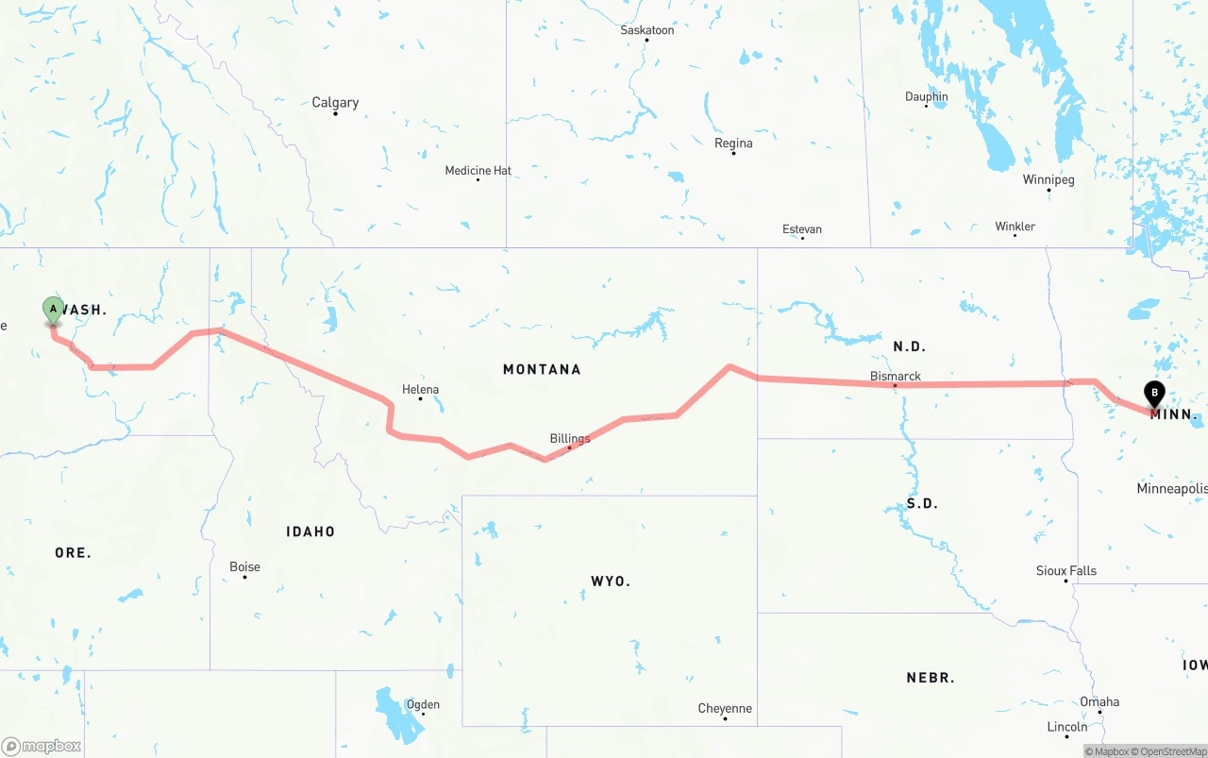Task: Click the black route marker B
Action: (x=1153, y=394)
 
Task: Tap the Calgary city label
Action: (x=335, y=103)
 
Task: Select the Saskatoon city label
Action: (x=646, y=30)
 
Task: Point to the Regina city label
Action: (x=733, y=143)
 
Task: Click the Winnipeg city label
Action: (x=1049, y=179)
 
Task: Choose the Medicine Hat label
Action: (x=478, y=171)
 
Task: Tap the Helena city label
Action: (x=420, y=389)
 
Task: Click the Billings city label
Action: (x=570, y=438)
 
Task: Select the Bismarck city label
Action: (x=895, y=377)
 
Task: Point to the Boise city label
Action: (x=244, y=566)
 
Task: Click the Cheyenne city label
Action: (x=725, y=708)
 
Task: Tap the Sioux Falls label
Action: (x=1066, y=570)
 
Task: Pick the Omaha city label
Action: (x=1099, y=701)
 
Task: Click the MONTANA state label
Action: (x=542, y=369)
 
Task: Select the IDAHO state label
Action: (x=310, y=531)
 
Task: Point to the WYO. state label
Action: (x=611, y=581)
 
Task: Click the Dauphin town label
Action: (x=926, y=96)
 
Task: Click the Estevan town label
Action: (x=802, y=229)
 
